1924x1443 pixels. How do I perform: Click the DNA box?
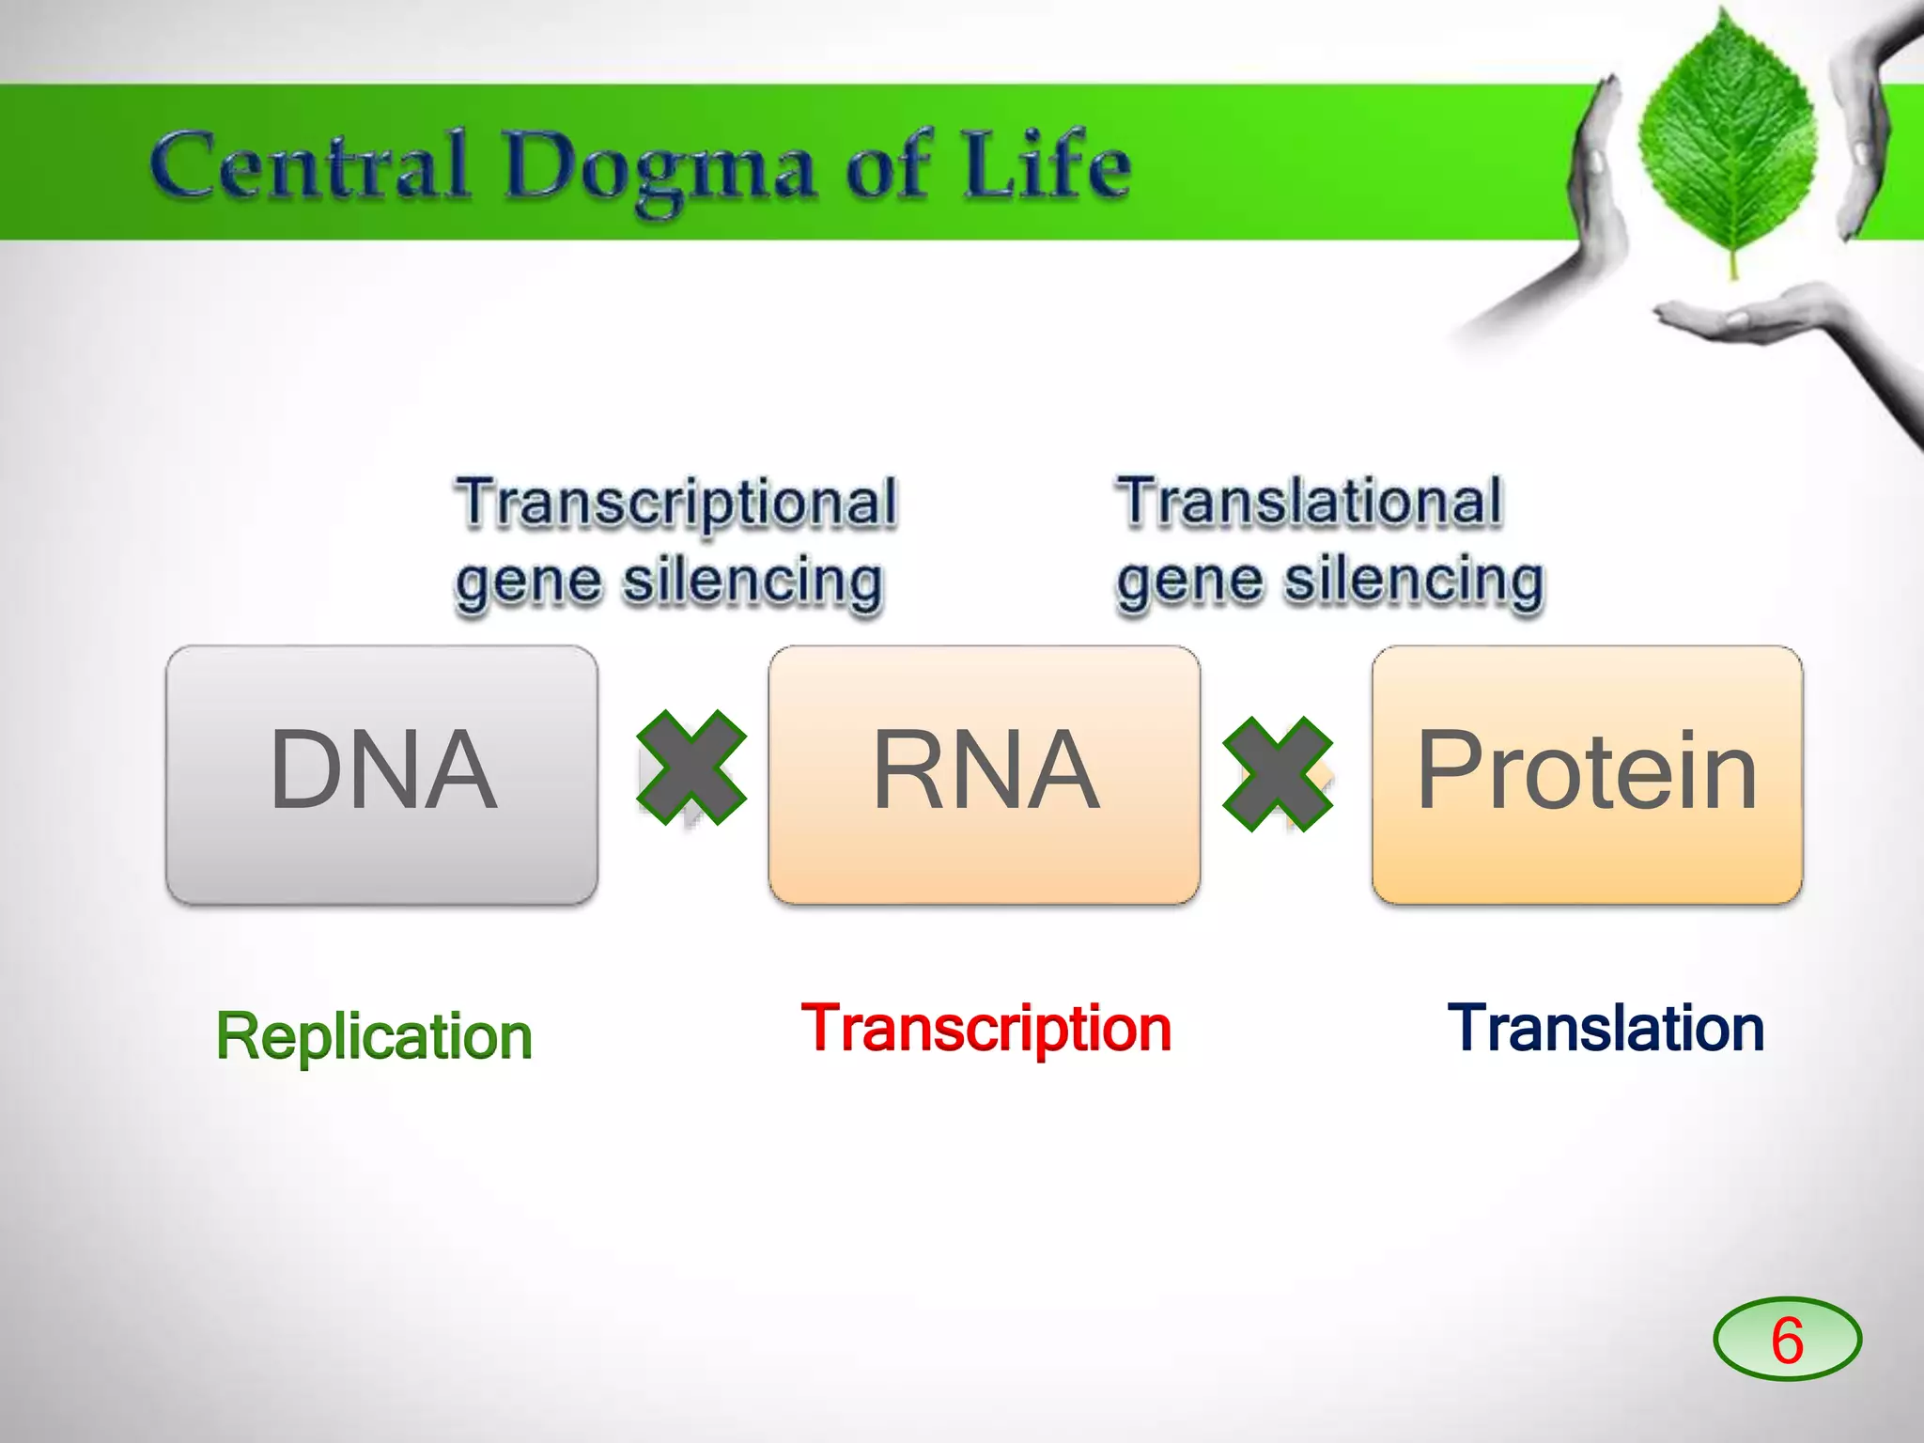point(381,774)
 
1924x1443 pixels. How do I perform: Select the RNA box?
point(984,774)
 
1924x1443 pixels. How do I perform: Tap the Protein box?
point(1587,774)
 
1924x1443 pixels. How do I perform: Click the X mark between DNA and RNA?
point(691,768)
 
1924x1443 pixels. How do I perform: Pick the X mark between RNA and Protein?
point(1278,774)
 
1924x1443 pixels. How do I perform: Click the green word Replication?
point(374,1036)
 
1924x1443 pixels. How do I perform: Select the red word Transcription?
point(986,1028)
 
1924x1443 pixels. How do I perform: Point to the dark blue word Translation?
point(1606,1028)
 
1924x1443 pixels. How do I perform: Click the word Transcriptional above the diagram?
point(676,504)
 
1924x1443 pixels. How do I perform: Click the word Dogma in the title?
point(658,169)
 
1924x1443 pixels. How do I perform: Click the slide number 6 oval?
point(1787,1339)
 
